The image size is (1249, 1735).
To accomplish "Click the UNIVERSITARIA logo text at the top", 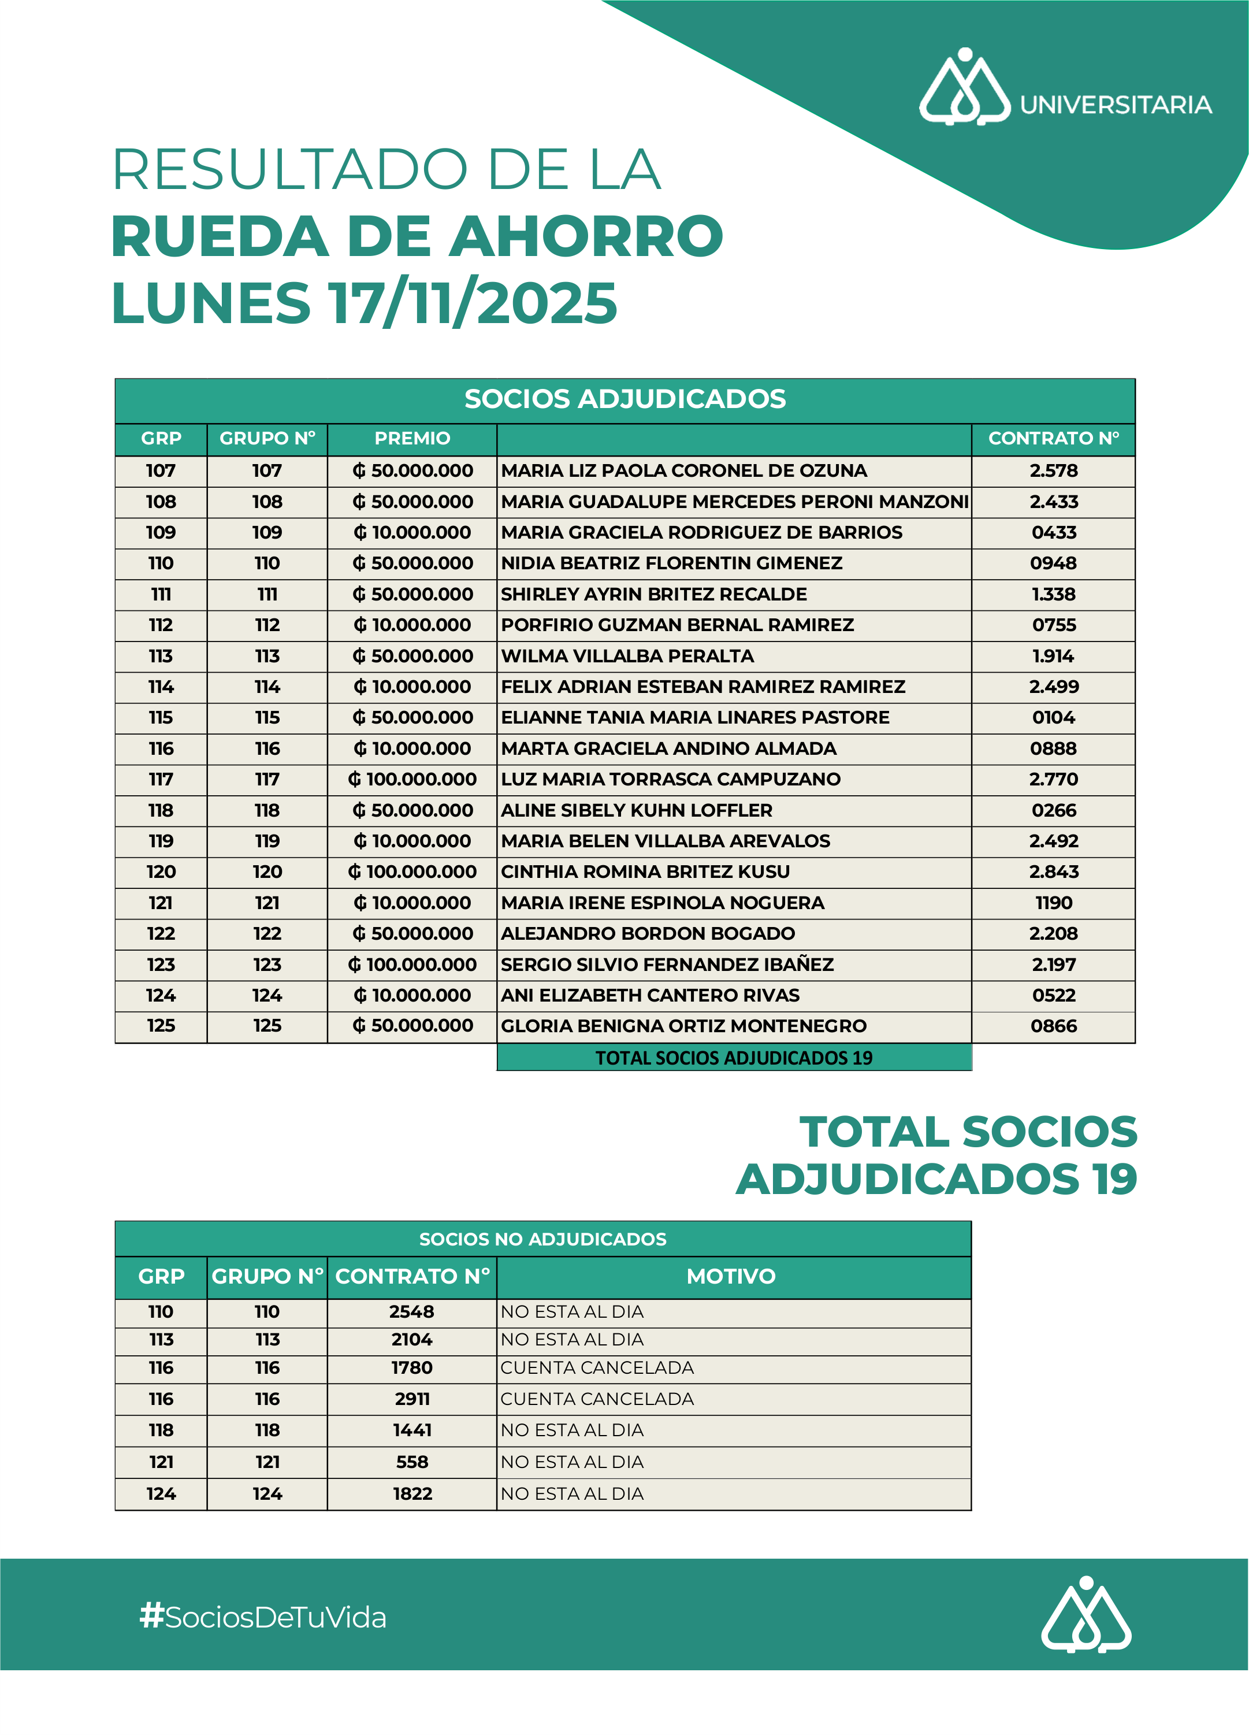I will point(1115,105).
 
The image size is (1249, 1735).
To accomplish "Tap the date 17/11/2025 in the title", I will point(472,303).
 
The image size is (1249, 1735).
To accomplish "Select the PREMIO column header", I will point(412,438).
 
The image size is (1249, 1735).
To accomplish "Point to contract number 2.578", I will point(1053,470).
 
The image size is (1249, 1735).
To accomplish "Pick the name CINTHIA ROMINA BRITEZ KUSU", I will point(645,872).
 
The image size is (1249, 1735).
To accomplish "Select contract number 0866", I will point(1053,1026).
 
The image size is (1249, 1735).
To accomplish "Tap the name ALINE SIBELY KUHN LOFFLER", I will point(637,810).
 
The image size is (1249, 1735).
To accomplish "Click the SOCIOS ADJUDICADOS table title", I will point(625,399).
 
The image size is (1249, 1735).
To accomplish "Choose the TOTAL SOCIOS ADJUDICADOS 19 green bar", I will point(734,1058).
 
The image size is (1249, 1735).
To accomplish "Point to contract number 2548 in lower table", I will point(411,1311).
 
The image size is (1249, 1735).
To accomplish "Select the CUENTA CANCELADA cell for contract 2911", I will point(597,1399).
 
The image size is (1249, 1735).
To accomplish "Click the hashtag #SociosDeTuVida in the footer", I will point(263,1617).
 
